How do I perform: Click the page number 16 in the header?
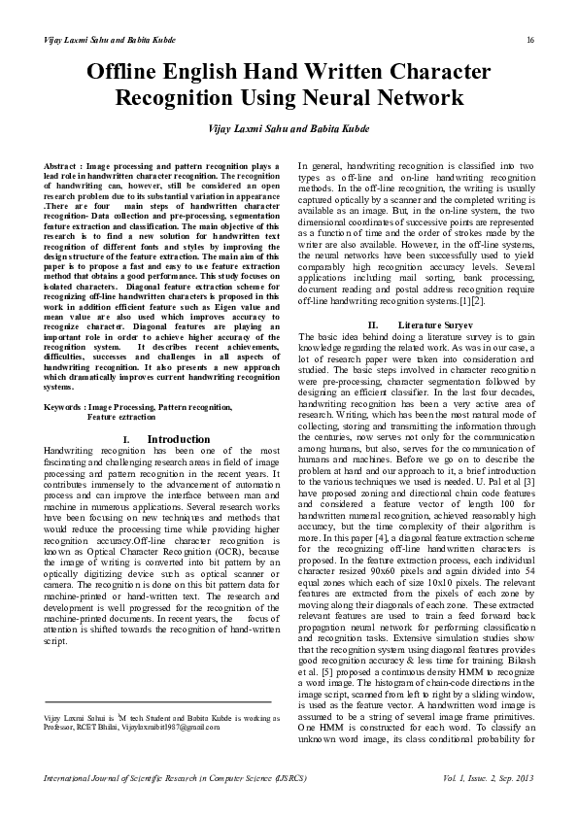(530, 39)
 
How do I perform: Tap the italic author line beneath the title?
(288, 128)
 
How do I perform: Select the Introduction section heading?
(179, 439)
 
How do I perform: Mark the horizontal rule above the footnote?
(158, 701)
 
